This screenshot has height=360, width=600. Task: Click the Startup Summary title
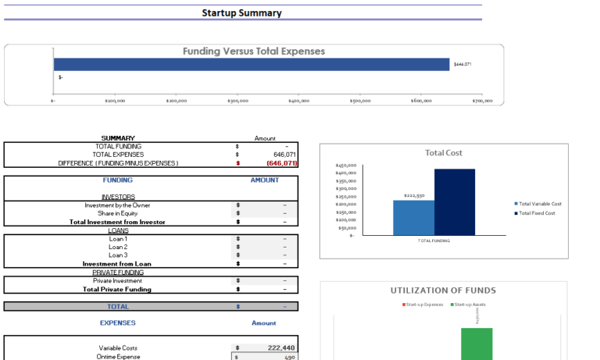point(241,12)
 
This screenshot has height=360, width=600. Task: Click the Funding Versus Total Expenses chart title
point(253,52)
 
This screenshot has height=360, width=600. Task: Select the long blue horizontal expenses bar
point(251,65)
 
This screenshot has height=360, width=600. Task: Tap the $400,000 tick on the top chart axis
point(298,101)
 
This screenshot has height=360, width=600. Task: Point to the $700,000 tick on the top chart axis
point(482,101)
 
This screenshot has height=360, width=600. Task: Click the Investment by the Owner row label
point(117,205)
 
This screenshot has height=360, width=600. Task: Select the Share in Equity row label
point(117,213)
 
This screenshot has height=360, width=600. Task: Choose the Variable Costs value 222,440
point(280,348)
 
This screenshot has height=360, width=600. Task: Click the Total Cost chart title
point(443,153)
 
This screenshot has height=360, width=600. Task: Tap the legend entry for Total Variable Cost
point(539,204)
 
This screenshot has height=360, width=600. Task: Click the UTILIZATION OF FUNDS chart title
point(443,290)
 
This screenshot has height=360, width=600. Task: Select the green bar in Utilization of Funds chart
point(477,344)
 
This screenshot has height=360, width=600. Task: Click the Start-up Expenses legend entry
point(424,304)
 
